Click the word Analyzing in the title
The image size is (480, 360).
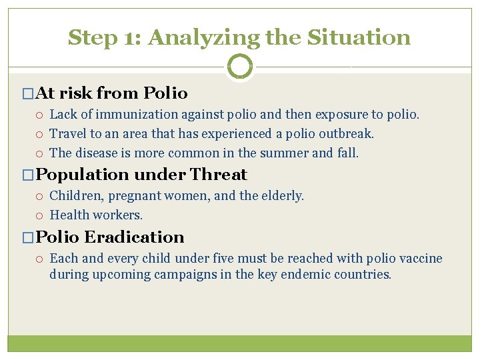[x=204, y=37]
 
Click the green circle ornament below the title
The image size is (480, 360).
[x=240, y=67]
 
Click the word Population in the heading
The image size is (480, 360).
[x=83, y=175]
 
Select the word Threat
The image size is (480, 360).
[x=219, y=175]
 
